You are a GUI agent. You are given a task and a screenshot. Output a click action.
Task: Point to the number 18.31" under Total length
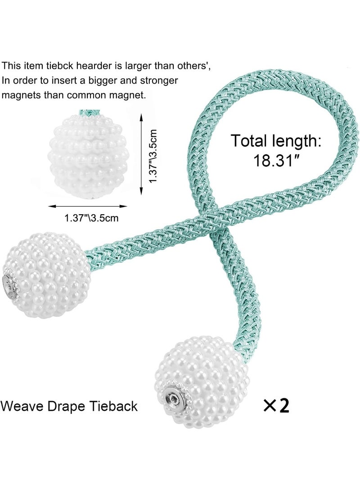click(x=276, y=160)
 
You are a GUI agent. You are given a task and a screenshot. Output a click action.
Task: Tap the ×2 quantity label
click(x=276, y=405)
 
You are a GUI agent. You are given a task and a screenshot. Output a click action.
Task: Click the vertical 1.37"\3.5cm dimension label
click(x=154, y=157)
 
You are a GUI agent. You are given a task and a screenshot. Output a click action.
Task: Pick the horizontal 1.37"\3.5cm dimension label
click(x=91, y=218)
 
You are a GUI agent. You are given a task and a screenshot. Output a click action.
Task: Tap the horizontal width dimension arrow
click(x=88, y=207)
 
